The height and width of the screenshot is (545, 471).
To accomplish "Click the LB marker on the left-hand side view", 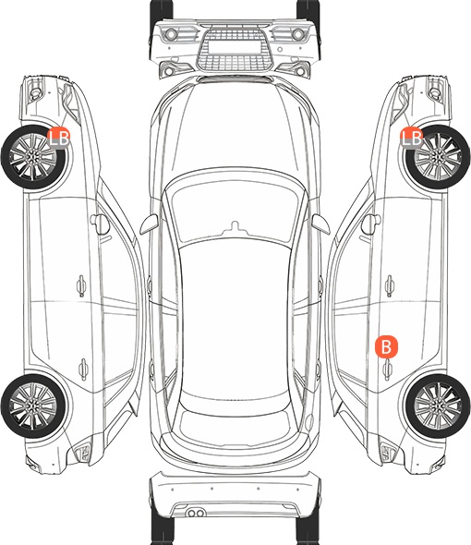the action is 58,138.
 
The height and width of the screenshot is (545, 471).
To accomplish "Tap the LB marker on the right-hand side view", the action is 412,138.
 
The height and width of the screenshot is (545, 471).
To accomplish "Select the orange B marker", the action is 386,346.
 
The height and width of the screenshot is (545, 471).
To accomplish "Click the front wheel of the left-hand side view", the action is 33,157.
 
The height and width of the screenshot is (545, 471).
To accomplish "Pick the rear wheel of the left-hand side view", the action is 33,406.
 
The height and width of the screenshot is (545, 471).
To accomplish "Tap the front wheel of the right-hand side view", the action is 438,157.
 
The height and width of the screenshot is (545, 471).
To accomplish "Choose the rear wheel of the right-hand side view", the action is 438,406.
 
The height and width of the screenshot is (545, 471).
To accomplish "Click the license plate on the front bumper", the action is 235,47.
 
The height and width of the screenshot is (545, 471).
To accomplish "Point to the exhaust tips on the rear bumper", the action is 196,513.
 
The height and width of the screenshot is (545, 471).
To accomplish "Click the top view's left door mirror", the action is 149,224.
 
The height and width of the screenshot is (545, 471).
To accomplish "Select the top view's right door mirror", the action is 320,224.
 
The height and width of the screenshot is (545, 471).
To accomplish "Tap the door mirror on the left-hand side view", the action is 100,224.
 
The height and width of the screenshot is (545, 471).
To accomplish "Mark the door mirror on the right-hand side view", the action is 371,224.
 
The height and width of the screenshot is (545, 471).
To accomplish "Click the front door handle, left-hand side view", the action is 81,285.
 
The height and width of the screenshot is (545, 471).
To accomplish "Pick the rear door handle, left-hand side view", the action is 83,369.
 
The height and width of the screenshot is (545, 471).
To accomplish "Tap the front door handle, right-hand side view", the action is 390,285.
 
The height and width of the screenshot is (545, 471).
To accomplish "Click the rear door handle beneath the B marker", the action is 388,369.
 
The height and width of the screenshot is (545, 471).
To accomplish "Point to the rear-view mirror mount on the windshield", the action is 235,227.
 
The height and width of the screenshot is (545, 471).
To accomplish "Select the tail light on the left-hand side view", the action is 83,453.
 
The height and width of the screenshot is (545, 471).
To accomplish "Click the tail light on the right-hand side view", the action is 388,453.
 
